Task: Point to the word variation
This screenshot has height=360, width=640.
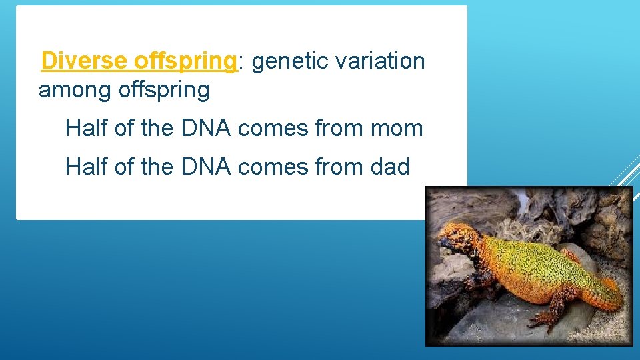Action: pos(381,61)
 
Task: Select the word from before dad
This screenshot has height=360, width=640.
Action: pos(337,167)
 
